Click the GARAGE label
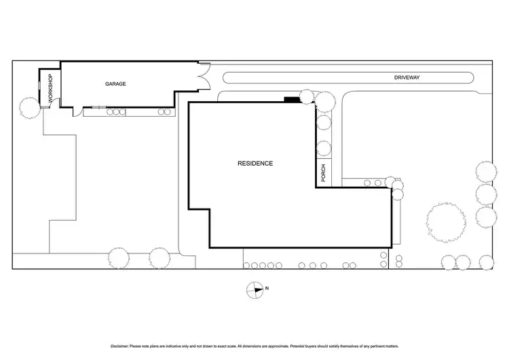115,84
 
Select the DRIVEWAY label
407,78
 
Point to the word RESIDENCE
255,163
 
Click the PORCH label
324,173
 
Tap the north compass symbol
255,289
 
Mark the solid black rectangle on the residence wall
292,100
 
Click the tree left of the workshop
29,107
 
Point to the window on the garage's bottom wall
99,107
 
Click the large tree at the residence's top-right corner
324,101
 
